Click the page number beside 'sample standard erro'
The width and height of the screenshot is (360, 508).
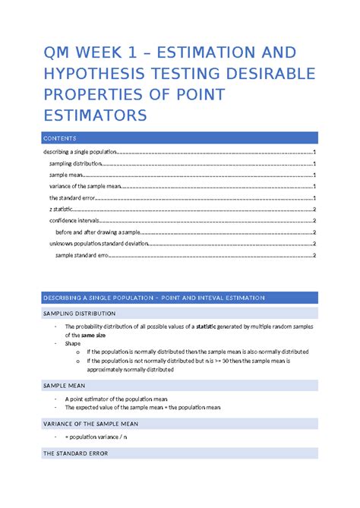coord(314,256)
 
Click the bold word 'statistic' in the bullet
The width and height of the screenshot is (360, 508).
coord(207,325)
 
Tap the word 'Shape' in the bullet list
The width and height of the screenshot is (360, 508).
coord(74,343)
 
